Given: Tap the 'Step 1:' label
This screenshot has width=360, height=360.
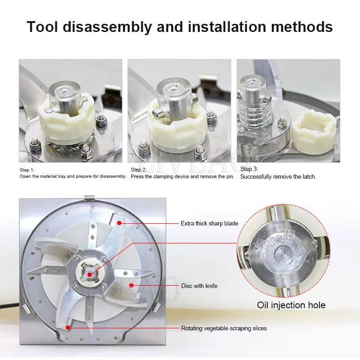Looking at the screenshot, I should (x=27, y=170).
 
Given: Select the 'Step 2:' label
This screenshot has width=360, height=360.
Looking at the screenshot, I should (x=139, y=170).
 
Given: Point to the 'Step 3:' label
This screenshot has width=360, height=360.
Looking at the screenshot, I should (x=249, y=169).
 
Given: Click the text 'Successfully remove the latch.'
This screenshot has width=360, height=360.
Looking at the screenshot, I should (x=278, y=177).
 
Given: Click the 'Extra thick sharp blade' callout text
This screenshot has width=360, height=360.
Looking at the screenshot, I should (x=209, y=223).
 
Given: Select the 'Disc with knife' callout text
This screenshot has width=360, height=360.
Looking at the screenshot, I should (x=199, y=286).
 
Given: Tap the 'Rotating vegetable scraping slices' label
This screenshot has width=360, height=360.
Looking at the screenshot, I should (x=224, y=328).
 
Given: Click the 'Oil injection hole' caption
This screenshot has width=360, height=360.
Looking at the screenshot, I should (x=291, y=305).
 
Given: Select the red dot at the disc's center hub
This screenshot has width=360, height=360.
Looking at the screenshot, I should (x=89, y=274).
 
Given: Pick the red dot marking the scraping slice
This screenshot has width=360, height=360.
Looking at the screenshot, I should (x=68, y=328).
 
